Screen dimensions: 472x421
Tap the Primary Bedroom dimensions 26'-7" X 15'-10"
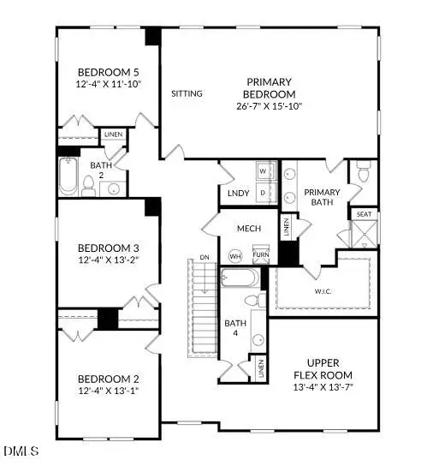(x=265, y=106)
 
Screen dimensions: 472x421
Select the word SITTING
(x=187, y=93)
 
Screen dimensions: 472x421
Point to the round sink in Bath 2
(x=114, y=188)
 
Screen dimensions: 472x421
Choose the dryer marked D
(x=263, y=192)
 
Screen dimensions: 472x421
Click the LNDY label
(x=239, y=194)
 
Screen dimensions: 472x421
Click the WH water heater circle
(x=235, y=256)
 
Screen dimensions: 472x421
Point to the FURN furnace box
(x=260, y=255)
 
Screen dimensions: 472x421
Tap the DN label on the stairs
(x=203, y=255)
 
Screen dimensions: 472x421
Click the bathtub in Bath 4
(x=240, y=279)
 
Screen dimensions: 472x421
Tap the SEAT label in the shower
(x=364, y=214)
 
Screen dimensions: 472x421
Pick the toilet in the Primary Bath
(x=362, y=173)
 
